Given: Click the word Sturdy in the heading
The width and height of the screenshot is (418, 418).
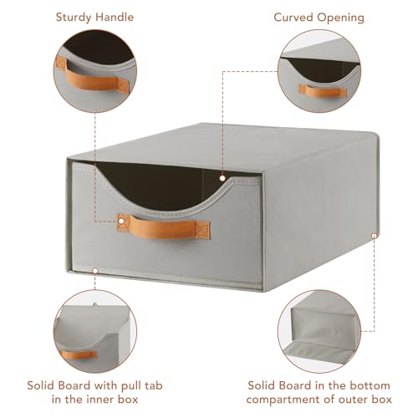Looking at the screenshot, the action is [x=74, y=18].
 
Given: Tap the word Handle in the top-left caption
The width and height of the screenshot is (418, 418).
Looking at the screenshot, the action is [x=115, y=17].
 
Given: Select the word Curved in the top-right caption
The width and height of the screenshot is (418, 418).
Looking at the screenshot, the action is [x=293, y=18].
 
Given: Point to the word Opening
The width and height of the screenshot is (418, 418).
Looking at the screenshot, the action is [x=341, y=18].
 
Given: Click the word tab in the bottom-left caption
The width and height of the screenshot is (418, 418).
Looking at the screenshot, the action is [x=154, y=385].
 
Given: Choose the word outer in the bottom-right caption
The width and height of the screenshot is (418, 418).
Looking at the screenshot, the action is [x=351, y=400].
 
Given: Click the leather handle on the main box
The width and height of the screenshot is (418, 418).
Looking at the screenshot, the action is [x=164, y=227].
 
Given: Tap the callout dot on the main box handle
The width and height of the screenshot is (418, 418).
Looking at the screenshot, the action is [x=121, y=222].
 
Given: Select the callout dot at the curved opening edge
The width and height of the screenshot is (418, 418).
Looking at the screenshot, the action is [x=222, y=178].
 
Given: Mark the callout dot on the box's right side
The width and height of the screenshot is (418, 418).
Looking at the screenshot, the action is [x=374, y=236].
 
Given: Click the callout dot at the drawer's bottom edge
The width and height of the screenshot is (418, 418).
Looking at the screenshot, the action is [x=95, y=271].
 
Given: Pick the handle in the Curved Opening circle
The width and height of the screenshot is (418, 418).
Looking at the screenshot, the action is [x=323, y=91].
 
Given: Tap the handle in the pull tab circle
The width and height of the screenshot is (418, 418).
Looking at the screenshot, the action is [x=79, y=355].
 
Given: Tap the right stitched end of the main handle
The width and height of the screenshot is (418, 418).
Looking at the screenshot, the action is [x=204, y=230].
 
